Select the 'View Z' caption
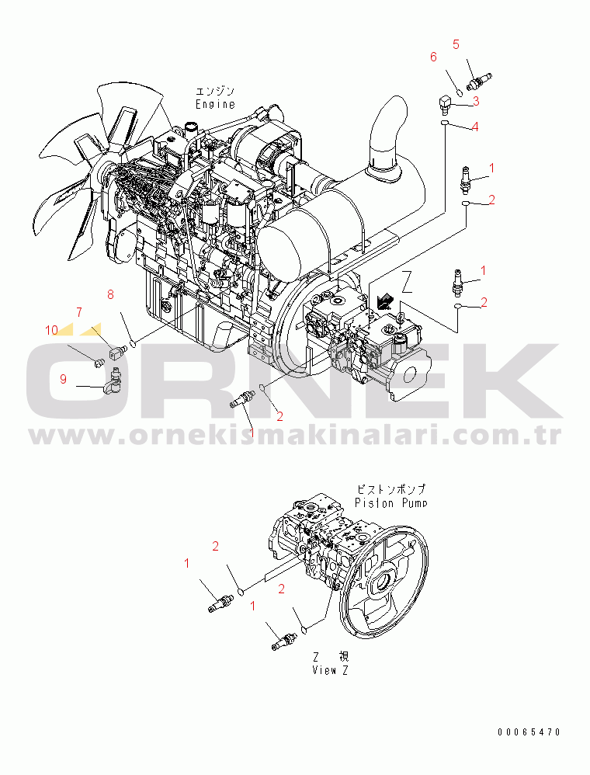[x=330, y=670]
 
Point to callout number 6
[x=433, y=57]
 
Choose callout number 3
[x=475, y=101]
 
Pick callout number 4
[x=474, y=127]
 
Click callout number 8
[x=110, y=294]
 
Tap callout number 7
[x=78, y=312]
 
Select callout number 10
[x=51, y=330]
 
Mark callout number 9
[x=63, y=378]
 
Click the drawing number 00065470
[x=529, y=732]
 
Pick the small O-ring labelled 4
[x=444, y=123]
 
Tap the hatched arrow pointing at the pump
[x=383, y=297]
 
